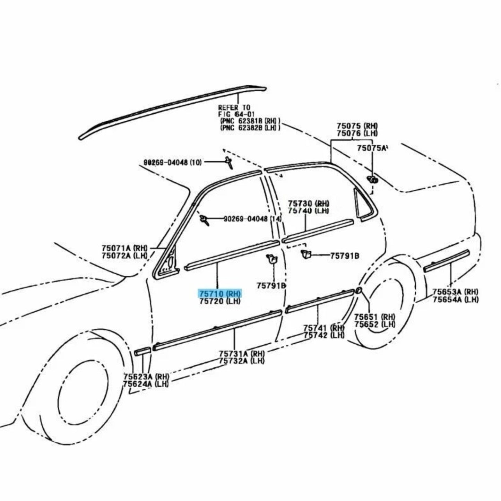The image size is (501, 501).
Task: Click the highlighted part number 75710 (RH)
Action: tap(219, 294)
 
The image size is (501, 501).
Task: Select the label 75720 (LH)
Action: tap(219, 302)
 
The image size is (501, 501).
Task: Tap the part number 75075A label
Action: tap(372, 148)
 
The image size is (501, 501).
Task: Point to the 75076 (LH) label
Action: tap(357, 133)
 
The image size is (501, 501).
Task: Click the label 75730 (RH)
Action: tap(308, 203)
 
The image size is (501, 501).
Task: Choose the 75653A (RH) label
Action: tap(455, 292)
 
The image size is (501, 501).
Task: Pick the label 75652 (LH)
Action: tap(374, 324)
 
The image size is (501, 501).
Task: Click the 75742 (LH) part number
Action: tap(324, 335)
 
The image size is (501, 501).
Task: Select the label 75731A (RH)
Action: tap(241, 354)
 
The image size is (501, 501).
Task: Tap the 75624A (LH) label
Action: tap(146, 384)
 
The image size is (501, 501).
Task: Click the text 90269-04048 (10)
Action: tap(172, 162)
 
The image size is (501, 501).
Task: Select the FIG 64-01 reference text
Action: tap(234, 114)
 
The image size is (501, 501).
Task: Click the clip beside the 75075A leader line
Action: tap(372, 179)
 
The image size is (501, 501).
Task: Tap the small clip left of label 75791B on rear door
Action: tap(305, 254)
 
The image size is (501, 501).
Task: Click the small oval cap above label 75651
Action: tap(359, 291)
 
